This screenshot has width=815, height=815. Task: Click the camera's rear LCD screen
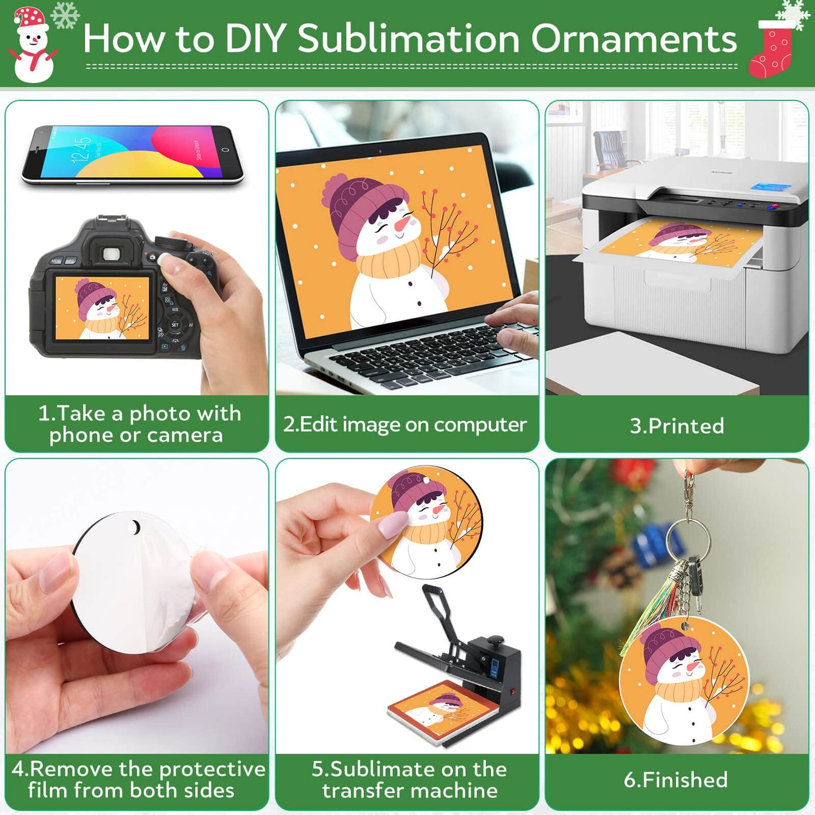102,308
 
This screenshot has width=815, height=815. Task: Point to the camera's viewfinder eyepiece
112,254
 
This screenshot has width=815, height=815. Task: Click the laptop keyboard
423,355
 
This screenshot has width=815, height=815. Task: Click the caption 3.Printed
677,426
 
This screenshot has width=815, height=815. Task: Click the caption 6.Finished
676,779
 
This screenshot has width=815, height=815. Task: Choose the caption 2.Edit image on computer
405,425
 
